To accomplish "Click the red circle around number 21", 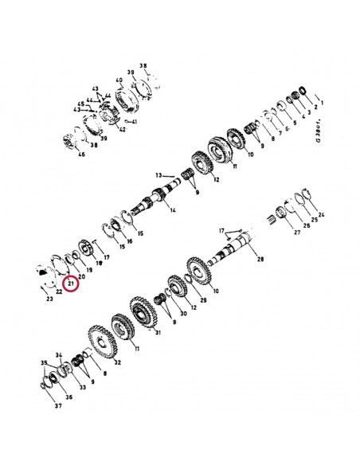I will (x=72, y=283).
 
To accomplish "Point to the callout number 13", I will (x=158, y=174).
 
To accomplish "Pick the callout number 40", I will (x=119, y=81).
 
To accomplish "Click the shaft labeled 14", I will (x=158, y=199).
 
